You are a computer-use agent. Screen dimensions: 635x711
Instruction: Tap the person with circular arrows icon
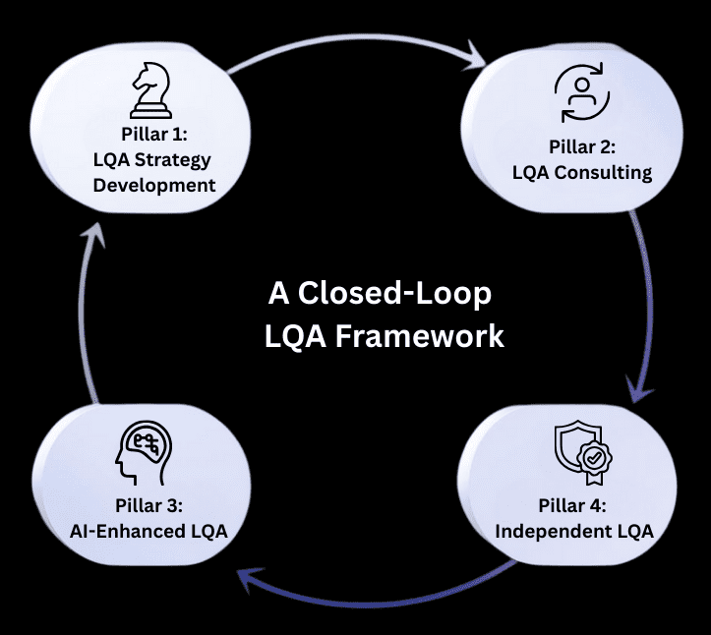[x=581, y=94]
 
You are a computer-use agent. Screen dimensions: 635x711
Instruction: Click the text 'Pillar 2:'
[x=581, y=147]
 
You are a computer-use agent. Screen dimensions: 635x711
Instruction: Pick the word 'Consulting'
[x=609, y=173]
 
